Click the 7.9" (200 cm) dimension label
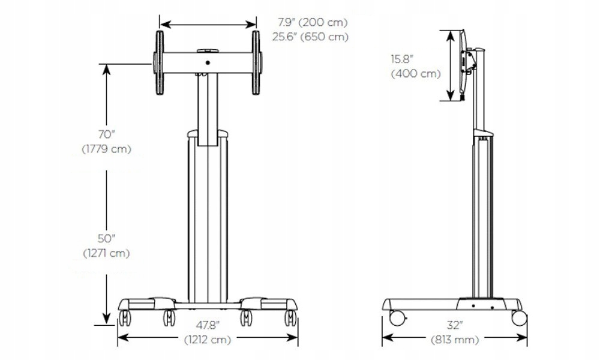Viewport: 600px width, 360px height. pyautogui.click(x=313, y=23)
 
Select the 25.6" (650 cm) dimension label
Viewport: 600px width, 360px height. pyautogui.click(x=310, y=37)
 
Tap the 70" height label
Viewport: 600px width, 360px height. pyautogui.click(x=106, y=134)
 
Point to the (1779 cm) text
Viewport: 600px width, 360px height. pyautogui.click(x=106, y=149)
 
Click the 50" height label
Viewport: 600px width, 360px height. pyautogui.click(x=106, y=239)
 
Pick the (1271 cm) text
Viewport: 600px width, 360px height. pyautogui.click(x=106, y=253)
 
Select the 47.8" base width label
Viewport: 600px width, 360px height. pyautogui.click(x=208, y=326)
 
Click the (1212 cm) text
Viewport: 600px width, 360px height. pyautogui.click(x=208, y=340)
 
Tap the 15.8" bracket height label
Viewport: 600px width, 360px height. pyautogui.click(x=402, y=59)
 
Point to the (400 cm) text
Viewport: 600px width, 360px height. pyautogui.click(x=416, y=73)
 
